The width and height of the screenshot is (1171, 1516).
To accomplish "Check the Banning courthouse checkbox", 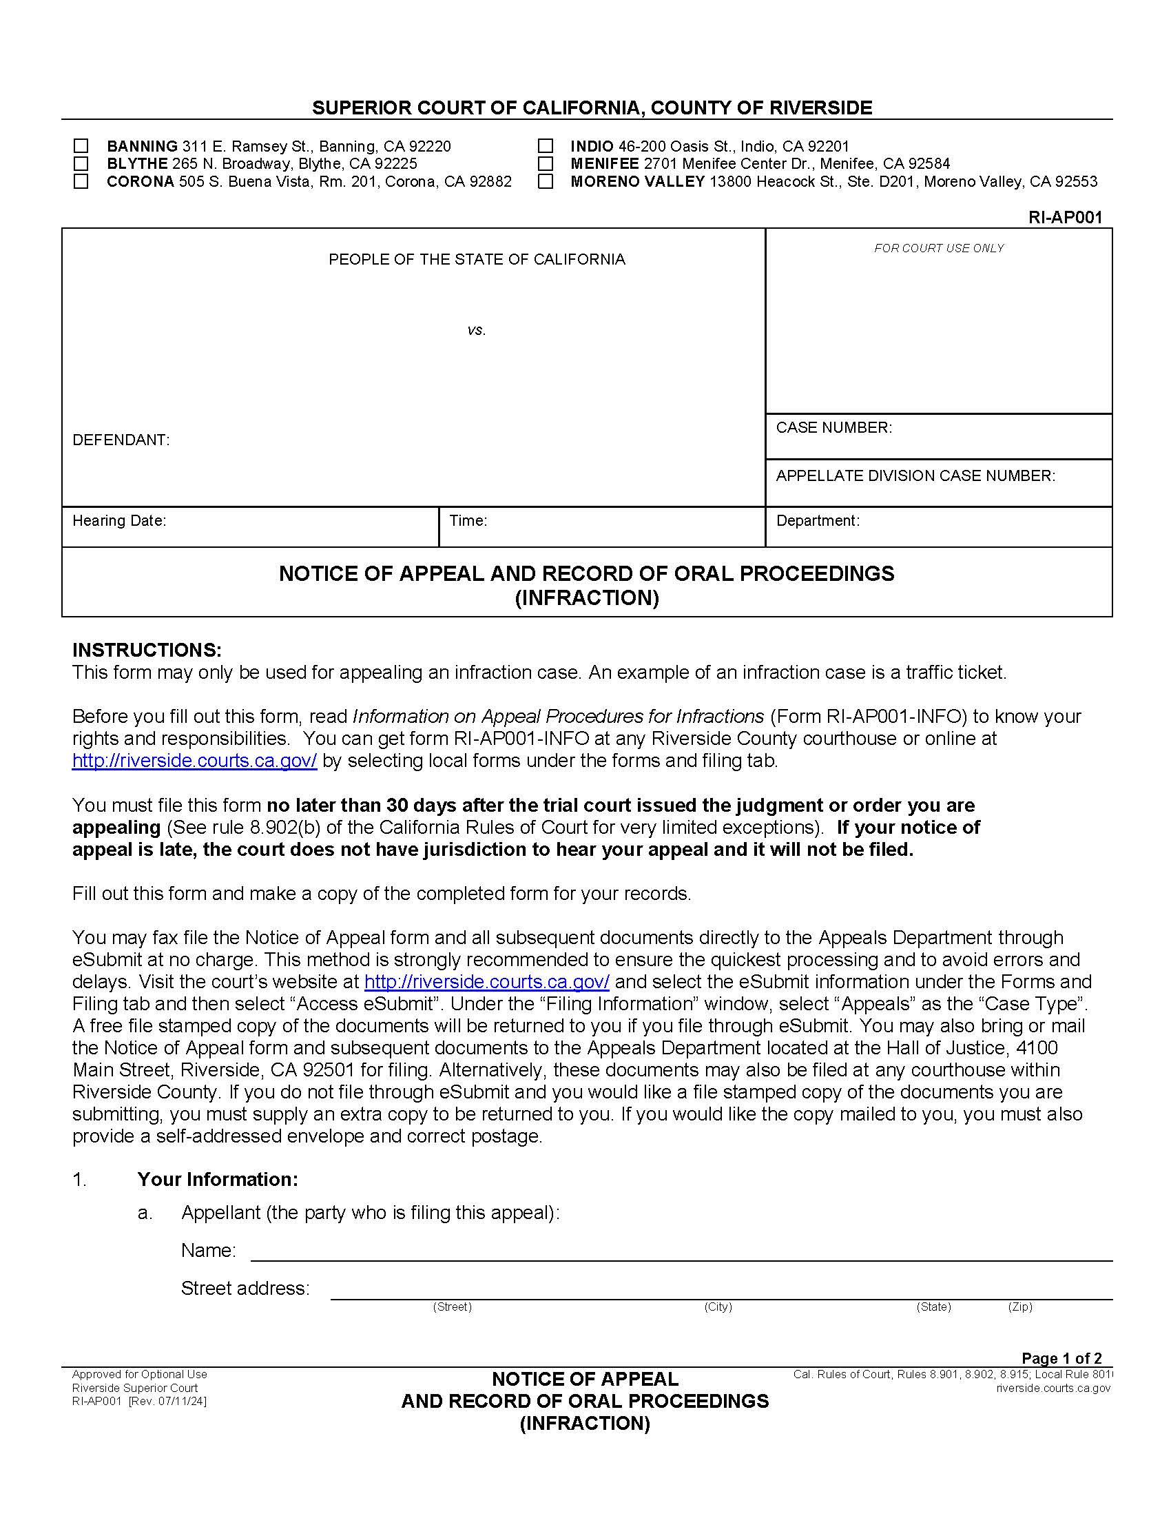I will tap(81, 146).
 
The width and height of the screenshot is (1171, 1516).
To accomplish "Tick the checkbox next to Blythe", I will tap(81, 164).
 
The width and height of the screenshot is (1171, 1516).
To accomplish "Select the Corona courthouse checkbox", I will tap(81, 181).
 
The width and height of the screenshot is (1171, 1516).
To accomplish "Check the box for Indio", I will tap(546, 146).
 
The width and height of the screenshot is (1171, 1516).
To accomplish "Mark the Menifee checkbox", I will tap(546, 164).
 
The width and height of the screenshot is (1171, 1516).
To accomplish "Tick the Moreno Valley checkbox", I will tap(546, 181).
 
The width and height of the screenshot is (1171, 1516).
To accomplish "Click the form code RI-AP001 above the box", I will tap(1065, 217).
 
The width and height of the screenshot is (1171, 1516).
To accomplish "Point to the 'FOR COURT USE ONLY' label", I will tap(939, 249).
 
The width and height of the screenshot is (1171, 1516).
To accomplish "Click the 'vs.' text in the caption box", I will tap(476, 330).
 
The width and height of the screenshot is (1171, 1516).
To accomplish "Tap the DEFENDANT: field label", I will tap(121, 440).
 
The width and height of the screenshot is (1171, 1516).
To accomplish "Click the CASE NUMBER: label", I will tap(834, 428).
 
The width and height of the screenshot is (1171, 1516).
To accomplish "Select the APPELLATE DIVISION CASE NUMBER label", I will tap(915, 476).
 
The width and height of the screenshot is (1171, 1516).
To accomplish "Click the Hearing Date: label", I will tap(119, 520).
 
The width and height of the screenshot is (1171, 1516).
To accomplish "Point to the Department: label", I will tap(818, 520).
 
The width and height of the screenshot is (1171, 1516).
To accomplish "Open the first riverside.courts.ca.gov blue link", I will tap(194, 761).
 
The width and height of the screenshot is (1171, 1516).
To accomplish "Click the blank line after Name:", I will tap(680, 1251).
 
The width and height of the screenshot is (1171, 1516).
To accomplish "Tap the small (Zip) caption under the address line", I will tap(1019, 1307).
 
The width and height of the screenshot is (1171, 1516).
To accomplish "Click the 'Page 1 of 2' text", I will tap(1061, 1358).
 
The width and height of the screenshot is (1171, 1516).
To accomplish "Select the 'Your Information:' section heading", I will tap(217, 1179).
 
